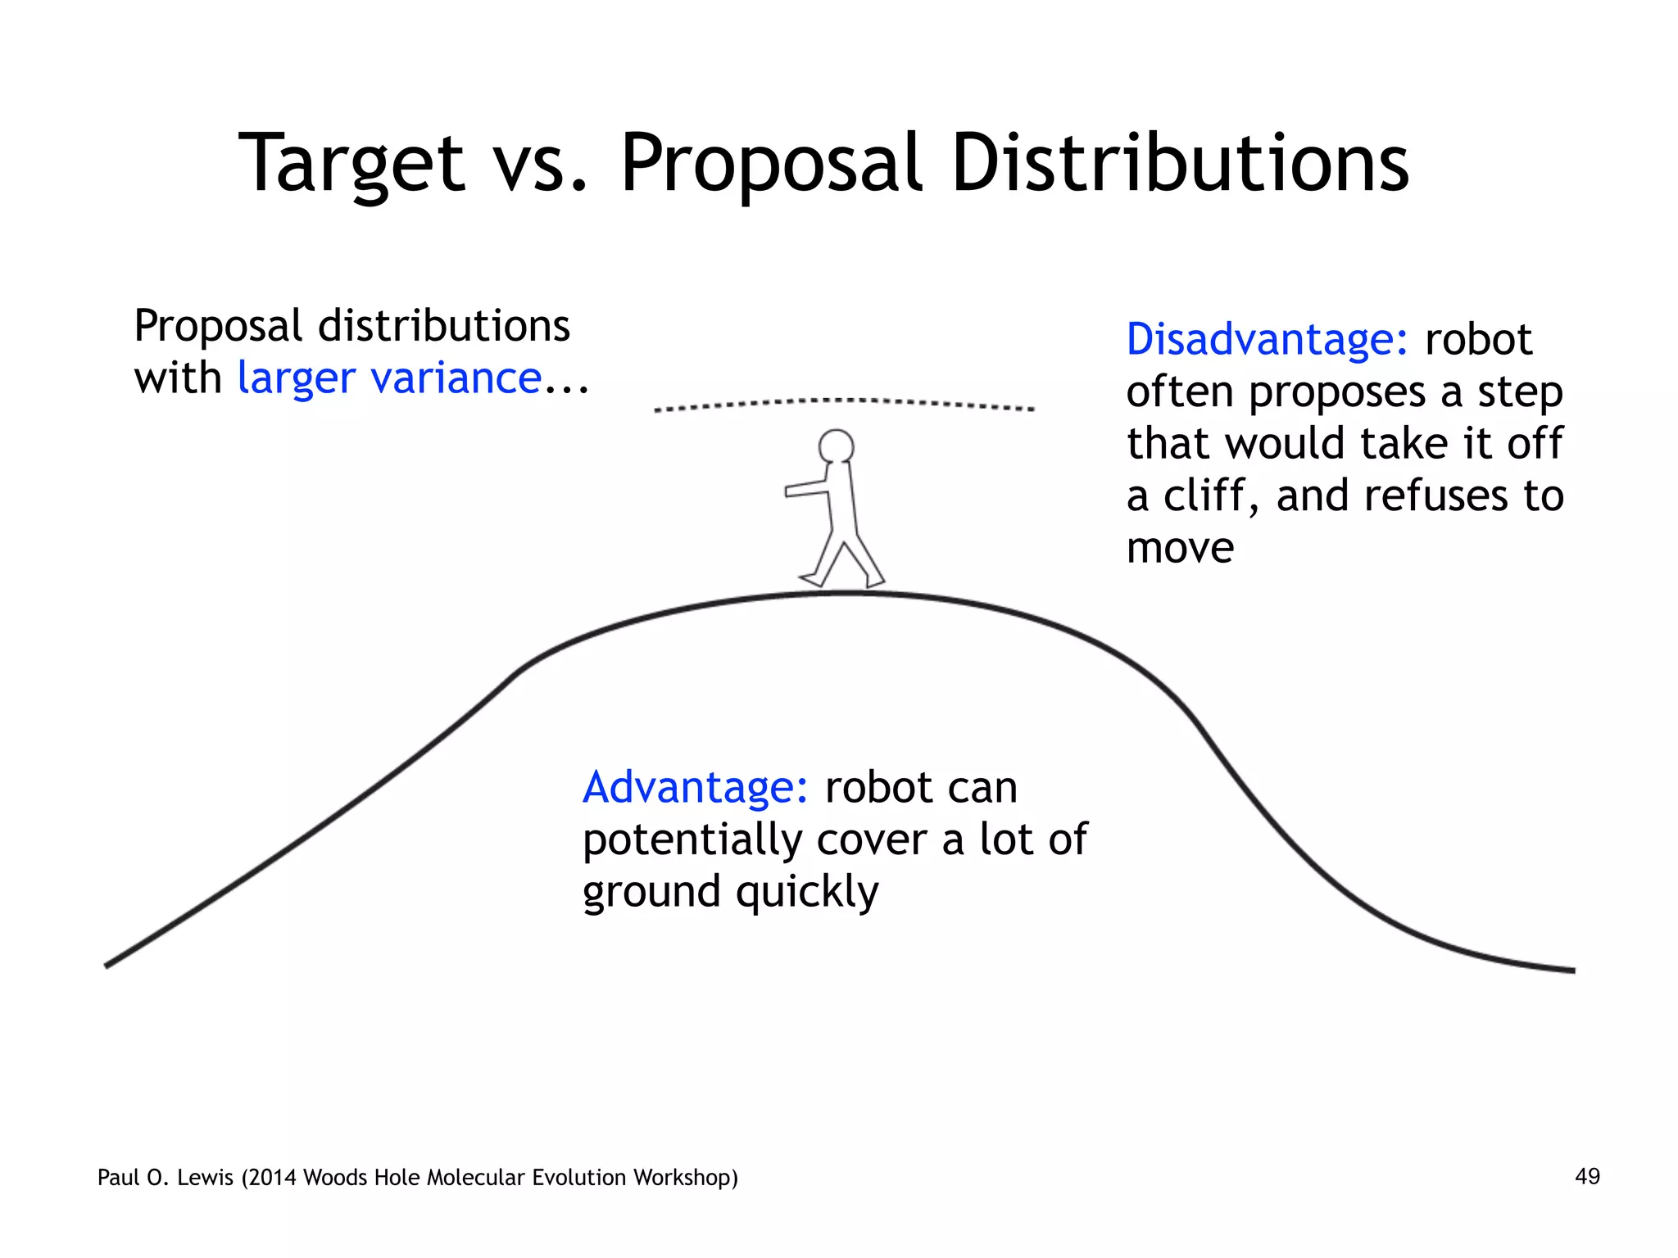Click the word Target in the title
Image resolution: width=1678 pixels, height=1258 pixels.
[x=351, y=164]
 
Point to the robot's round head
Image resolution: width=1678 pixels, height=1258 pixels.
[x=836, y=447]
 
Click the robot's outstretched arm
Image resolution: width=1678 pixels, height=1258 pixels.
[x=807, y=489]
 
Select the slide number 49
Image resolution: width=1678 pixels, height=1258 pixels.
[x=1587, y=1177]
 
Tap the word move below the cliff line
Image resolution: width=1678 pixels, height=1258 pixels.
[x=1180, y=549]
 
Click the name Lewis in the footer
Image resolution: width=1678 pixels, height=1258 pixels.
[x=205, y=1178]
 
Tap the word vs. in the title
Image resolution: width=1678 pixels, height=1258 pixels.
[x=542, y=164]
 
